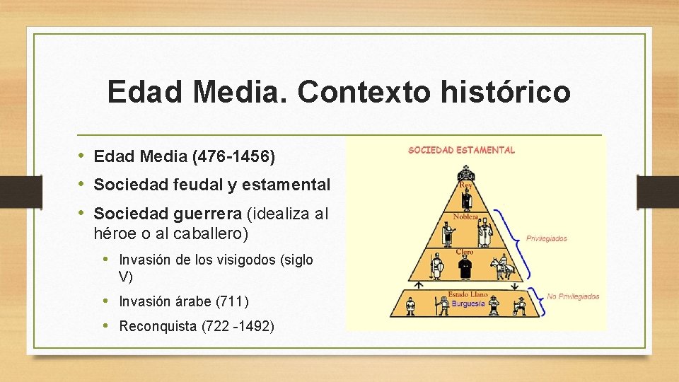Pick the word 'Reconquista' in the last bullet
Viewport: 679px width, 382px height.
click(158, 326)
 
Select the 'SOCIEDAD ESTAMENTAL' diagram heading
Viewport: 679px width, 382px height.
click(461, 150)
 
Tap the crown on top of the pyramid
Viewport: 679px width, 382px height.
click(465, 173)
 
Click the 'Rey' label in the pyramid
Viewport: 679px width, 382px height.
click(465, 185)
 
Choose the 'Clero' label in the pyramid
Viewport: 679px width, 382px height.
click(465, 251)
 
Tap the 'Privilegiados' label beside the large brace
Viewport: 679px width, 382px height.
click(546, 238)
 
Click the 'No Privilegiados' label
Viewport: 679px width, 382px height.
click(573, 296)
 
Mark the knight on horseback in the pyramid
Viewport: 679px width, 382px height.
click(504, 267)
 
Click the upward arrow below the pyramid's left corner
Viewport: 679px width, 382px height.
click(418, 285)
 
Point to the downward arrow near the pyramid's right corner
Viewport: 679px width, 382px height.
click(514, 284)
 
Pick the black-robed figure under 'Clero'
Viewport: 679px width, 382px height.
click(465, 267)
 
